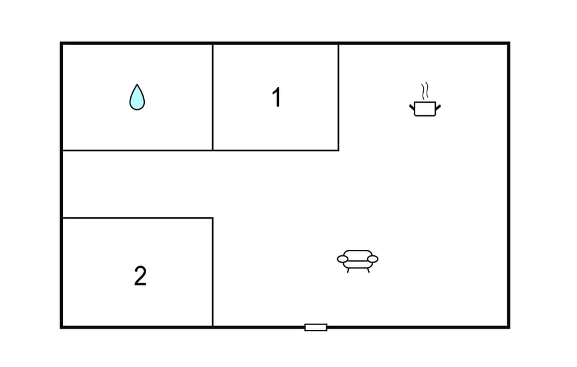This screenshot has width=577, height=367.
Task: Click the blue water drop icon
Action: click(x=137, y=97)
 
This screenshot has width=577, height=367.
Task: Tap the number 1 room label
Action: click(x=276, y=97)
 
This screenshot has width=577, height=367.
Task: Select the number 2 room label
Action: click(x=140, y=276)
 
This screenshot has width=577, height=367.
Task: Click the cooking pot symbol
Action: click(x=425, y=108)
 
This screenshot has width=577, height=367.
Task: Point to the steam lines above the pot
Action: click(x=426, y=91)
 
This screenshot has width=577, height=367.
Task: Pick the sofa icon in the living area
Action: click(x=358, y=260)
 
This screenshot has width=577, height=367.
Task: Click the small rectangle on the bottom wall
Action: click(x=316, y=327)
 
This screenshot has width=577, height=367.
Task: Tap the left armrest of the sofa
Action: click(x=343, y=259)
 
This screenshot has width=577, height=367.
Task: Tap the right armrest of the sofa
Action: click(x=373, y=259)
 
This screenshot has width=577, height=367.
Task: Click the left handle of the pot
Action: click(x=412, y=108)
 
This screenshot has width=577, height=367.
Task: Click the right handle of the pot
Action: click(x=438, y=108)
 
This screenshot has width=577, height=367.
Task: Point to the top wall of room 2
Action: click(x=138, y=218)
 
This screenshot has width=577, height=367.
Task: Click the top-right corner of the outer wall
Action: click(x=508, y=44)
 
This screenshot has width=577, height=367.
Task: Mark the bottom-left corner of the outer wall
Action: click(x=62, y=327)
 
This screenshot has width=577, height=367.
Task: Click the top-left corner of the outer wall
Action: click(x=62, y=44)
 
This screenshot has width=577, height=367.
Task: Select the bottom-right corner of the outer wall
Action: click(x=508, y=327)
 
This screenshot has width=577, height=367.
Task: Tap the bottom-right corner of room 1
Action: click(x=338, y=150)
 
